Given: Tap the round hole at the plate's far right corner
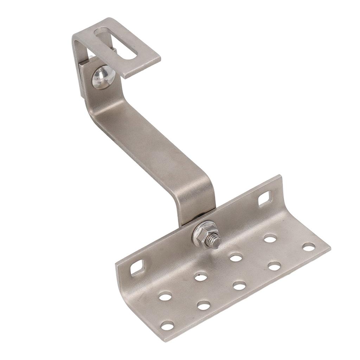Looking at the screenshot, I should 309,247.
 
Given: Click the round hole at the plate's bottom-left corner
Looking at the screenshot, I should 167,326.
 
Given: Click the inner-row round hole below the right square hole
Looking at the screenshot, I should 270,239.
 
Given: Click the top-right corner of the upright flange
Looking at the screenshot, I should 280,176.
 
